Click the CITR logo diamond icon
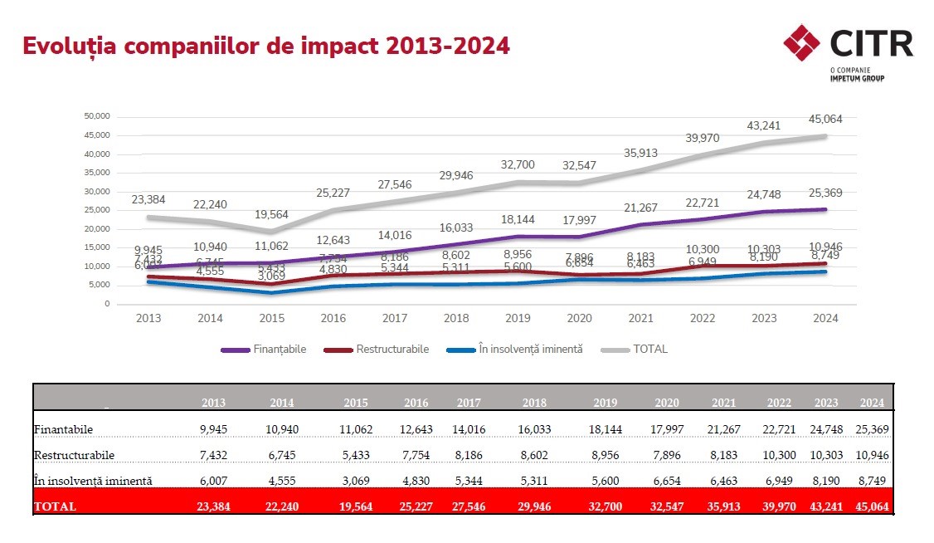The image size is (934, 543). [801, 43]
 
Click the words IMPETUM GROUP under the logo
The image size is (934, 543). [857, 78]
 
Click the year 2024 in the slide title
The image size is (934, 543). [479, 45]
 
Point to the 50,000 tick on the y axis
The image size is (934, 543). [97, 116]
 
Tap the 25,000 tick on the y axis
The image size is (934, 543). [97, 210]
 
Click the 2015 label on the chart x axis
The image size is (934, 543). [271, 319]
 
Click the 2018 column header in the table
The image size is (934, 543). [534, 403]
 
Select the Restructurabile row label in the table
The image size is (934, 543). [74, 456]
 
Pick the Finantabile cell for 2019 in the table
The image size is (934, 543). [605, 429]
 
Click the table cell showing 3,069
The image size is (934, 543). [356, 481]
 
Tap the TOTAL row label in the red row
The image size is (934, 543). [55, 506]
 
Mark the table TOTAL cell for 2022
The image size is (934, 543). [777, 506]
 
